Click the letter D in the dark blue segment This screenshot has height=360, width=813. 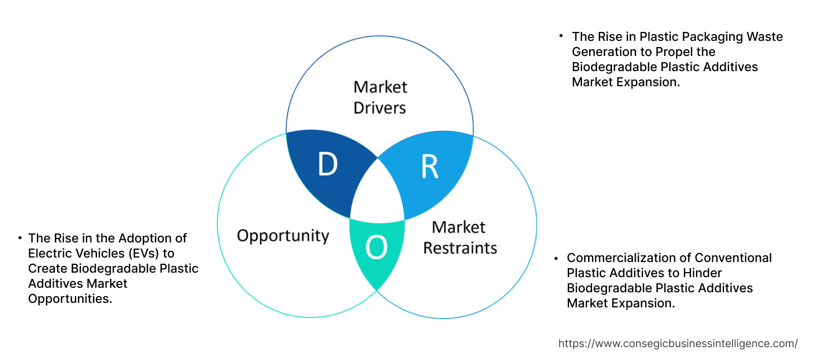click(327, 165)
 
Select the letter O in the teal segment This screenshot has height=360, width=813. click(376, 249)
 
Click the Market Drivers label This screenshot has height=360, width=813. click(380, 97)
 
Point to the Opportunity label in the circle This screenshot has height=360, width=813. click(283, 235)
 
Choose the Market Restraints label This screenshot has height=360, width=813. click(459, 237)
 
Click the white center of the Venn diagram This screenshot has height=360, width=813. click(377, 196)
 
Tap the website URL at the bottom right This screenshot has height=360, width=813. click(678, 343)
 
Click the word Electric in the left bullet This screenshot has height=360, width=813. click(51, 253)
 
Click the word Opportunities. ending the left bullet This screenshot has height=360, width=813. click(70, 298)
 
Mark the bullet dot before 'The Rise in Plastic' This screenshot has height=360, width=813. click(561, 36)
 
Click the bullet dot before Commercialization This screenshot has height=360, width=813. click(556, 258)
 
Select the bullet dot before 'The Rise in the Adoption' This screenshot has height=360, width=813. click(20, 237)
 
